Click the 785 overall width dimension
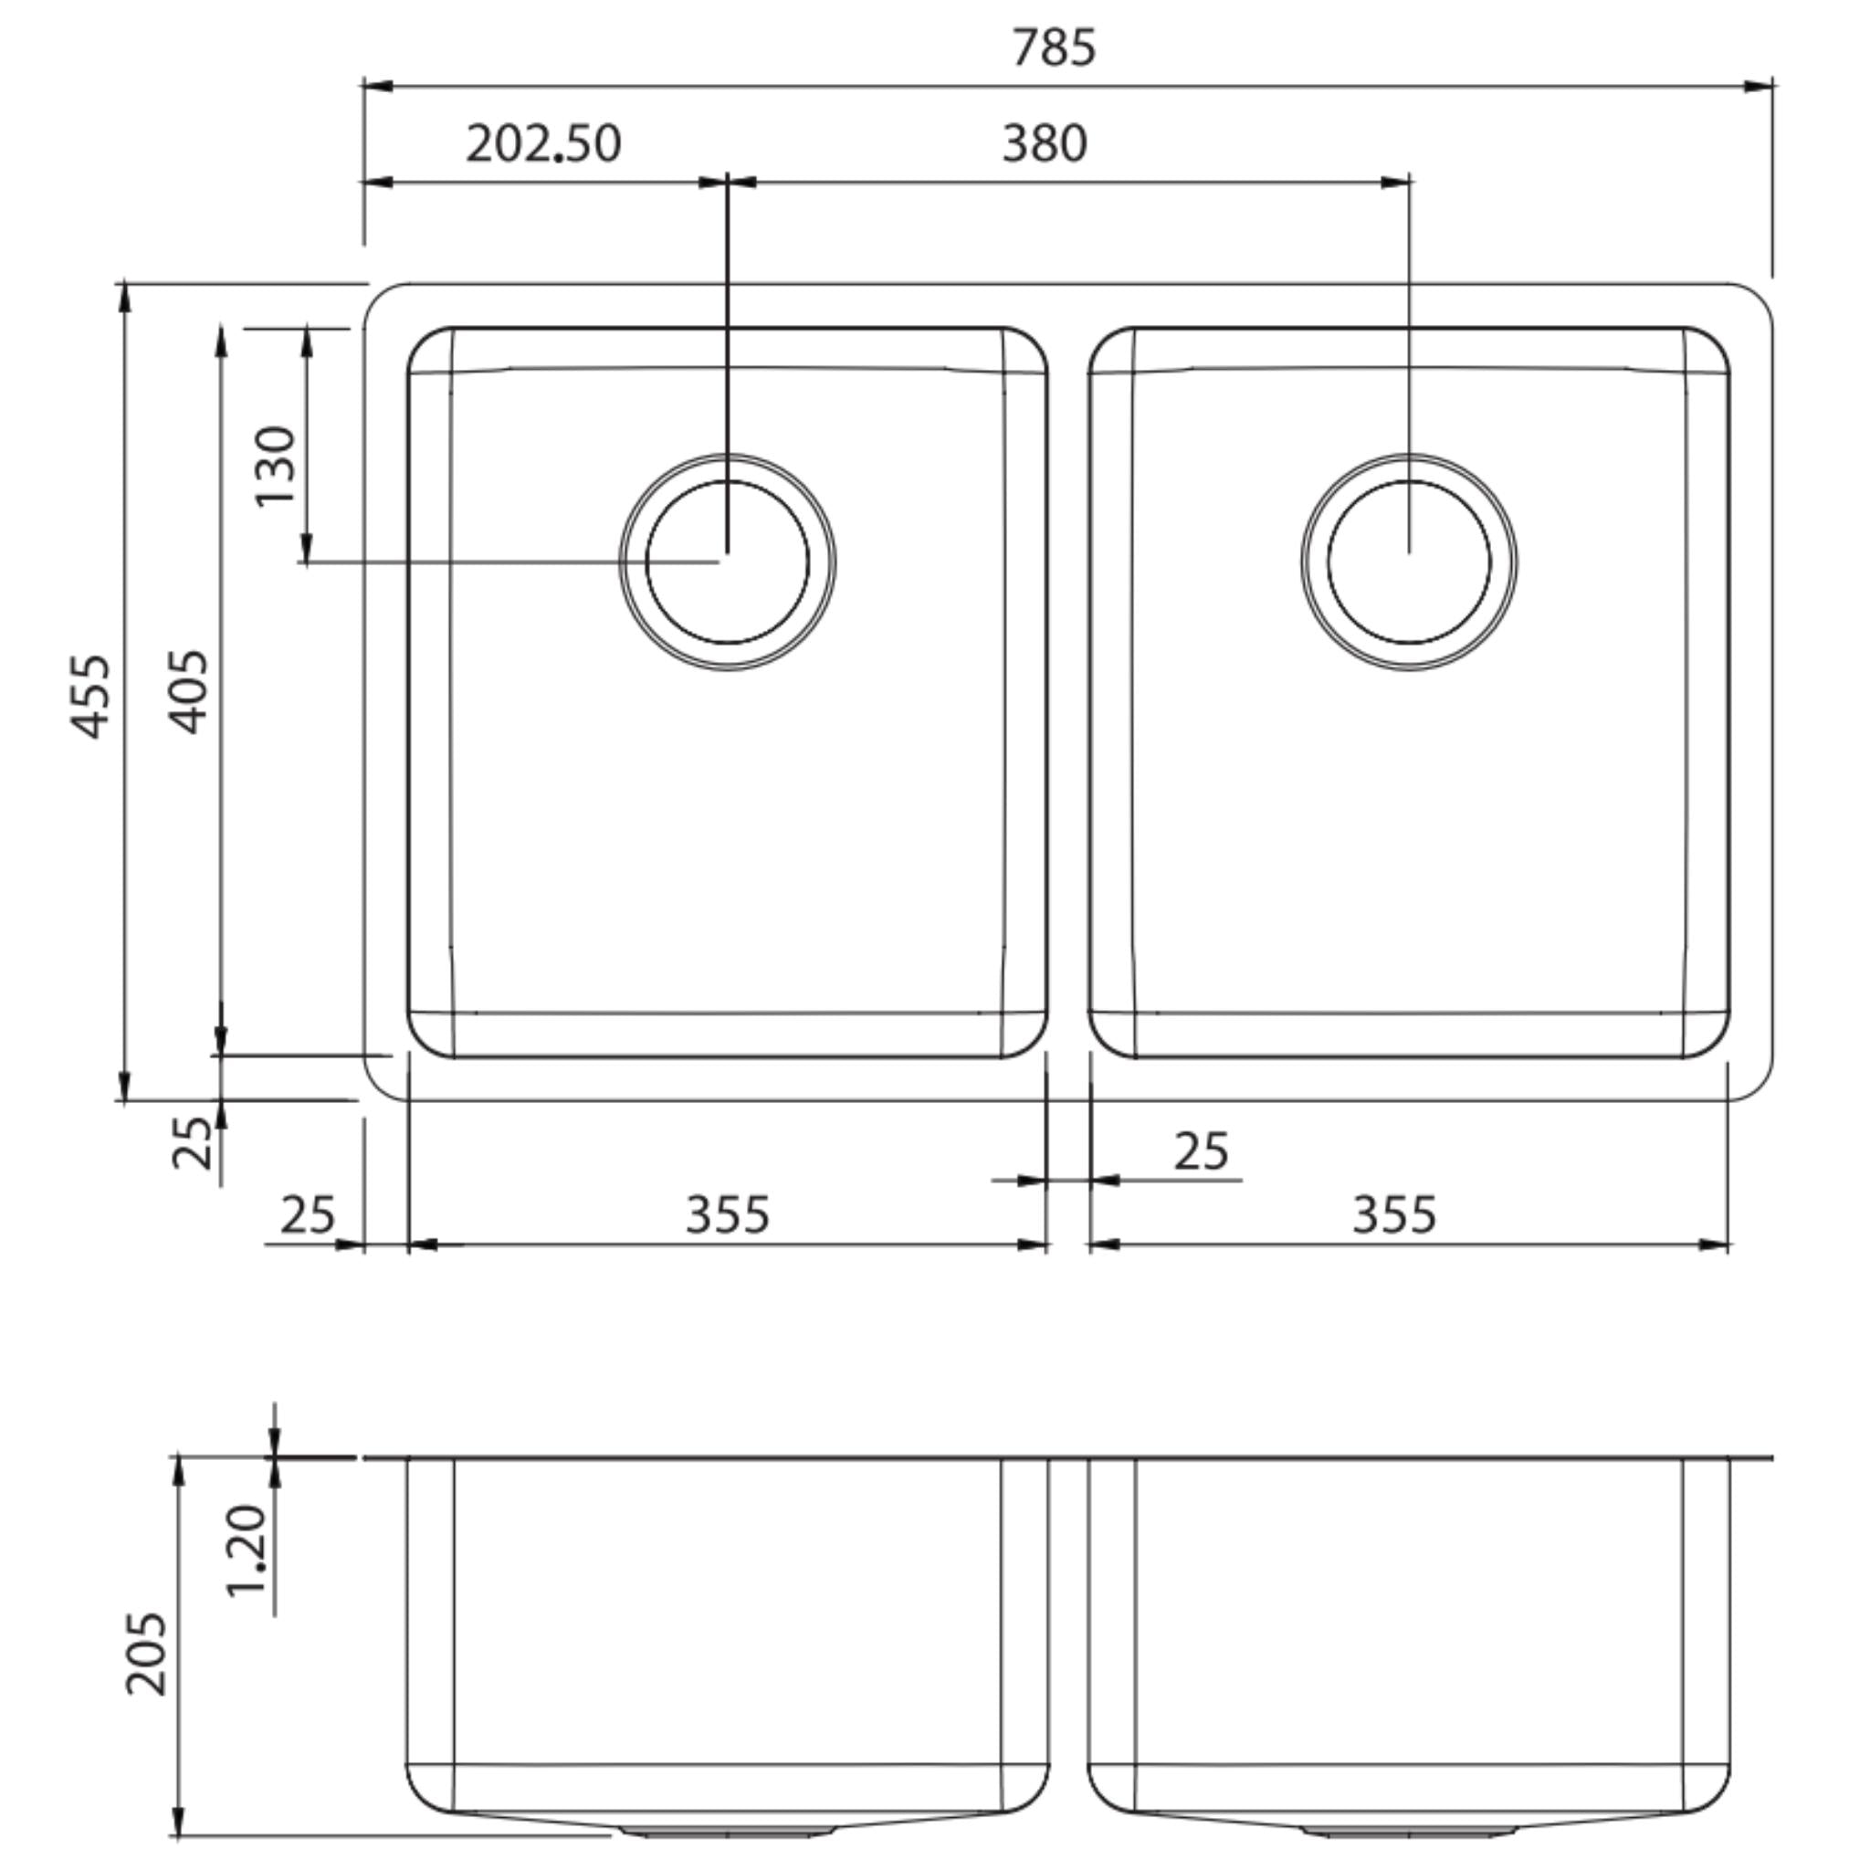coord(1053,47)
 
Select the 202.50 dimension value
coord(543,144)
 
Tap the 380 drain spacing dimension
coord(1045,144)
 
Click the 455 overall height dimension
coord(93,697)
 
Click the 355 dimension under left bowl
coord(727,1214)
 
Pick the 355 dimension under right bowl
coord(1393,1214)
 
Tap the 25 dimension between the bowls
coord(1202,1151)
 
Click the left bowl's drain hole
coord(727,562)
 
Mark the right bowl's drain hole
coord(1408,562)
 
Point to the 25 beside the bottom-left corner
coord(308,1214)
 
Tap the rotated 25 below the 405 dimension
coord(193,1142)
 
